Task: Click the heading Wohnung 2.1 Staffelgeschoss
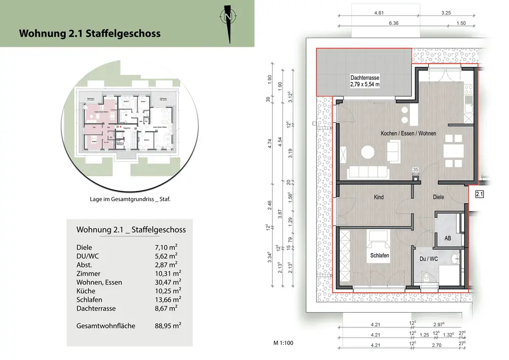click(x=90, y=34)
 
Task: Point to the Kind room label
click(x=378, y=197)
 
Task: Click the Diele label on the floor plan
click(x=438, y=197)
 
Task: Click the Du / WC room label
click(x=429, y=259)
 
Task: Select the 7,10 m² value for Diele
click(x=165, y=247)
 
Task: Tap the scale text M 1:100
click(x=283, y=343)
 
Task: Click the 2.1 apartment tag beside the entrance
click(x=479, y=194)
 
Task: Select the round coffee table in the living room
click(x=367, y=151)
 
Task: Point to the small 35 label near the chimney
click(x=415, y=170)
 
